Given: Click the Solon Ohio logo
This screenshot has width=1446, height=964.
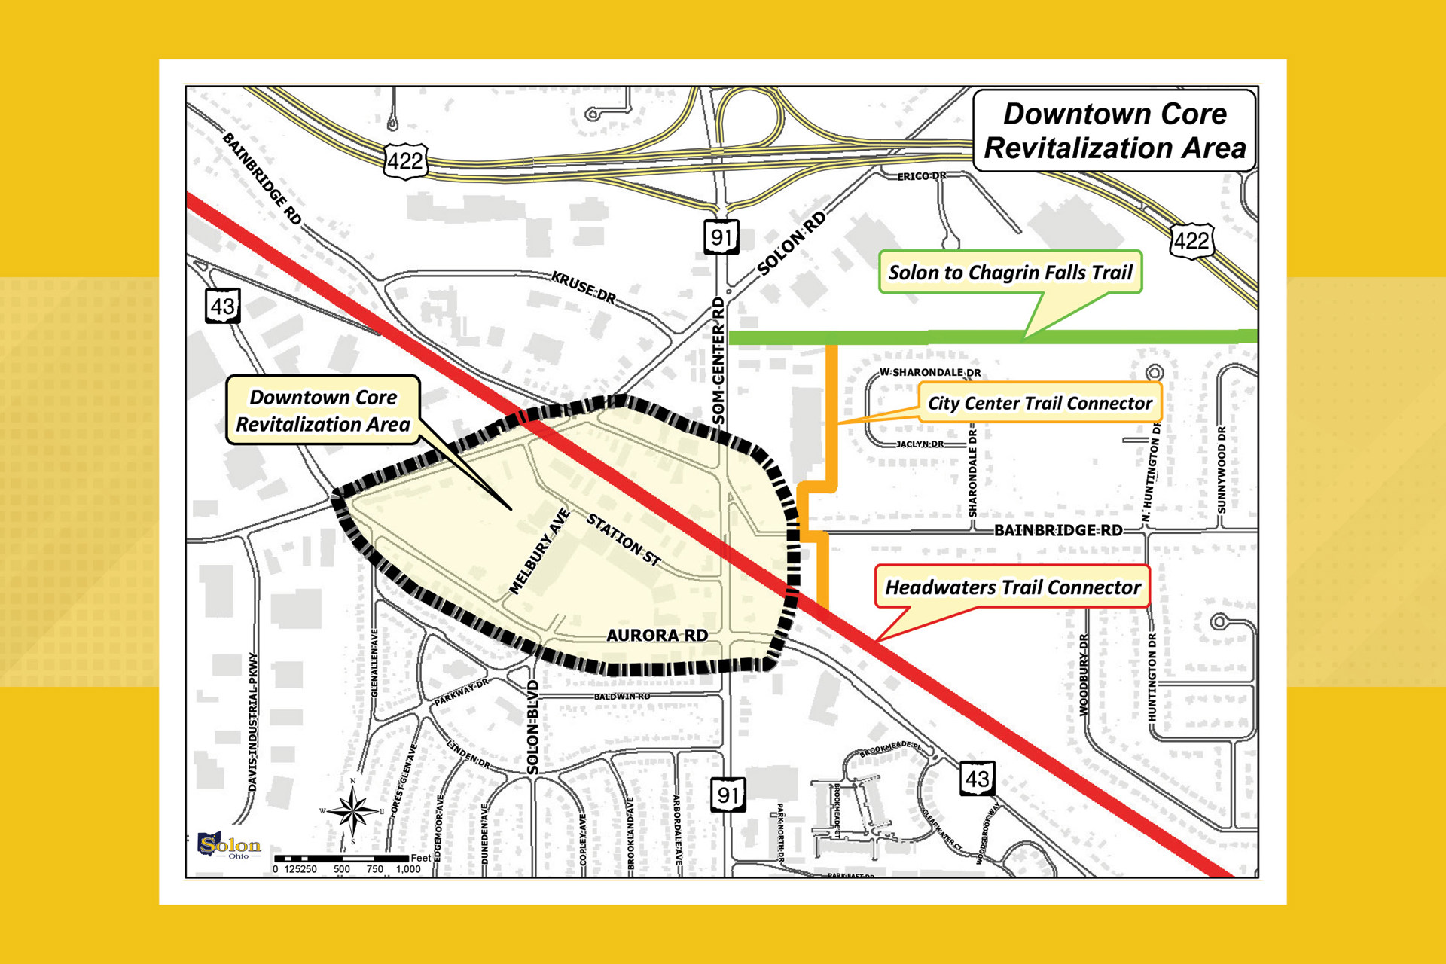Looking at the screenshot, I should (229, 845).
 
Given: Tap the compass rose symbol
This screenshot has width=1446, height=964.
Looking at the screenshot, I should (352, 810).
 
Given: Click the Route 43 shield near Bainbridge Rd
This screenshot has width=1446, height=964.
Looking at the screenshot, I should (223, 306).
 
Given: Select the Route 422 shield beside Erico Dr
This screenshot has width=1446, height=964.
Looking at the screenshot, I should (1191, 241).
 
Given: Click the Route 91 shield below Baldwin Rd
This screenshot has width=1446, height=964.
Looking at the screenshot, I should (728, 795).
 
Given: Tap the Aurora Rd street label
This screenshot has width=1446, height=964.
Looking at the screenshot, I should (657, 636).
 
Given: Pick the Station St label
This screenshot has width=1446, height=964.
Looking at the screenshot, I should (624, 539).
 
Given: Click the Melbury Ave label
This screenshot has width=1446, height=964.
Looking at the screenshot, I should (539, 552).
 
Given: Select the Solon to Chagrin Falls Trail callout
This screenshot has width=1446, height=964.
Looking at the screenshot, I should (1010, 273).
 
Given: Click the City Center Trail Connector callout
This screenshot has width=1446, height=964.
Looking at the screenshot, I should (1039, 403).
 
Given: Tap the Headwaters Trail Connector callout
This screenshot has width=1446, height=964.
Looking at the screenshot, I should (1012, 587).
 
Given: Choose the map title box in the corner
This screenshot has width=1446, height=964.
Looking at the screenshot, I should (1115, 131).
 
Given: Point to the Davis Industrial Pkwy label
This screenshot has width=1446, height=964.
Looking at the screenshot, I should (253, 721).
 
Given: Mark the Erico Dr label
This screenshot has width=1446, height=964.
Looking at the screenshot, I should (921, 176).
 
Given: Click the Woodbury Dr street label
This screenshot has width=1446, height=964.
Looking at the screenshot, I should (1084, 675).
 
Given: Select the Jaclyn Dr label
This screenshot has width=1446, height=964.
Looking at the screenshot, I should (920, 444).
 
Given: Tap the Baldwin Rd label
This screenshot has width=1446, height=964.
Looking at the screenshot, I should (621, 697).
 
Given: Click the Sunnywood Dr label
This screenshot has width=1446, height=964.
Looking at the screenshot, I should (1222, 470).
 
